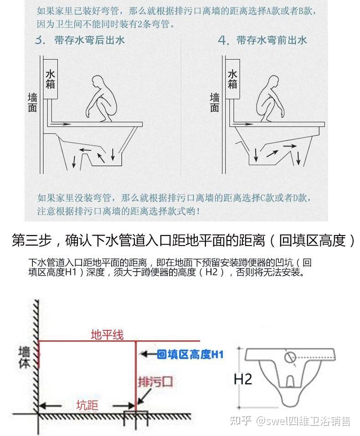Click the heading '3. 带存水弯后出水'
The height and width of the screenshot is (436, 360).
pyautogui.click(x=80, y=41)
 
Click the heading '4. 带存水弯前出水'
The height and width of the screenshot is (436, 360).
pyautogui.click(x=262, y=41)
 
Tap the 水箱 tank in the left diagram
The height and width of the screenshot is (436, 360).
pyautogui.click(x=50, y=78)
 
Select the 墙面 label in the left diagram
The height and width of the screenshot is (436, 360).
pyautogui.click(x=32, y=103)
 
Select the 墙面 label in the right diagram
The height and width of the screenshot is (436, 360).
pyautogui.click(x=215, y=103)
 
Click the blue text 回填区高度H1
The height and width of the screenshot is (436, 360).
pyautogui.click(x=190, y=354)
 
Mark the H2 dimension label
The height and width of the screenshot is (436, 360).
pyautogui.click(x=242, y=379)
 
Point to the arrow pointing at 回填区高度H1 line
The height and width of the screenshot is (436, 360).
pyautogui.click(x=147, y=354)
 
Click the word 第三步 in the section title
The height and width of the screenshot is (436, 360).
pyautogui.click(x=30, y=240)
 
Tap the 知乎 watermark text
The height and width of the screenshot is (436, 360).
pyautogui.click(x=241, y=421)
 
